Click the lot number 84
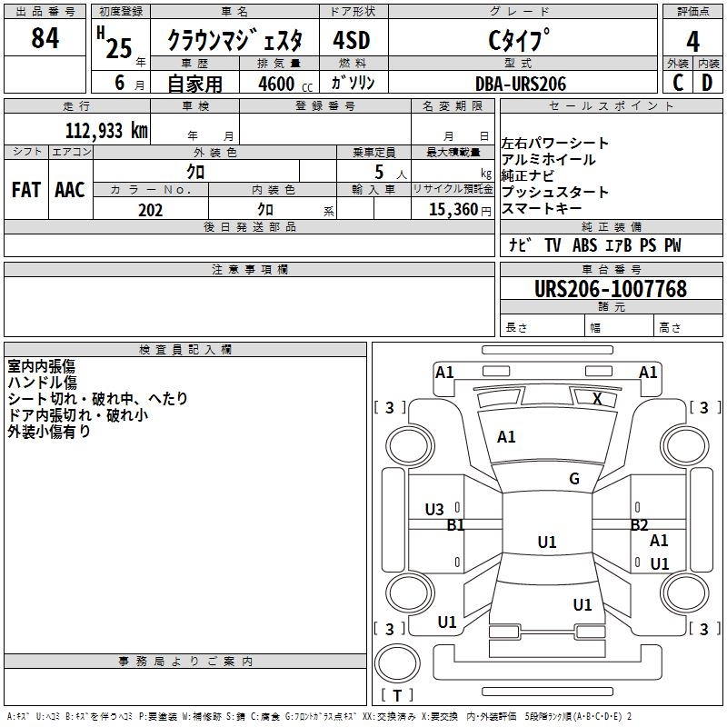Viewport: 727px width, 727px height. (x=45, y=40)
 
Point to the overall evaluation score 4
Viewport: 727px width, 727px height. (x=693, y=41)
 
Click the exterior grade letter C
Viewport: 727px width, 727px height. (x=678, y=83)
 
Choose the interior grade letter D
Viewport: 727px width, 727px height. (x=707, y=83)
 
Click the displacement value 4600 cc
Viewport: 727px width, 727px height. (x=283, y=84)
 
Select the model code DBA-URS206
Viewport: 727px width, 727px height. (x=521, y=84)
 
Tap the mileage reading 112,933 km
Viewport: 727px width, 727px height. (x=106, y=130)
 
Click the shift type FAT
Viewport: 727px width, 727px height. (x=25, y=189)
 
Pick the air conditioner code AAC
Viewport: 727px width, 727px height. (x=70, y=189)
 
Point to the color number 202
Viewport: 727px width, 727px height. (x=150, y=210)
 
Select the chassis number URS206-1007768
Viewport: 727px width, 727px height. (x=611, y=289)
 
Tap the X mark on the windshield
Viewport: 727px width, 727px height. (x=596, y=398)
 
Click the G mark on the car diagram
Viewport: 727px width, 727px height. (x=574, y=479)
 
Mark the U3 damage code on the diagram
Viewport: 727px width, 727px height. (x=434, y=510)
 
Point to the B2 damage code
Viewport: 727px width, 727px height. (x=640, y=524)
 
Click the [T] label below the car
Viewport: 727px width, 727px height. (x=397, y=695)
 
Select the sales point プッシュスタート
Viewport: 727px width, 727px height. (x=555, y=193)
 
